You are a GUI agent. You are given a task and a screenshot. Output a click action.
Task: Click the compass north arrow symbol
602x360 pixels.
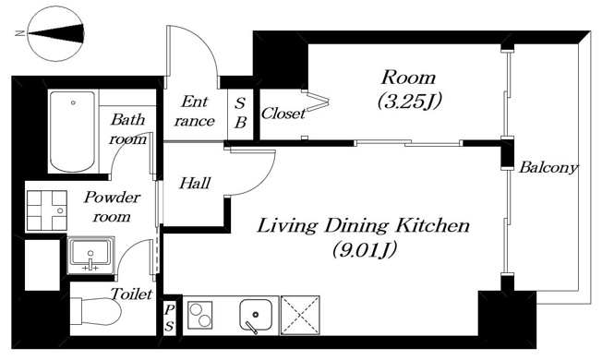(56, 33)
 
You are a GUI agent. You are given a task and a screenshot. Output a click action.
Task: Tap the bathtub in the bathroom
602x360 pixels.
(72, 132)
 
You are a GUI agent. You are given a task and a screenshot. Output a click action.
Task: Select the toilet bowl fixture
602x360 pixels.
(96, 312)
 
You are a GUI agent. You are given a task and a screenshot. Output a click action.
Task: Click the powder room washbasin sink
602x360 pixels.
(90, 256)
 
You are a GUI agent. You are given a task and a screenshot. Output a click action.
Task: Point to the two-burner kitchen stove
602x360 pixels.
(200, 315)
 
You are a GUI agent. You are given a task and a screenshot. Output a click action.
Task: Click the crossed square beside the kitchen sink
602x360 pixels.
(300, 315)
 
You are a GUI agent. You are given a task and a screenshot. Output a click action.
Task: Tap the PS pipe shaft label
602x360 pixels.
(169, 318)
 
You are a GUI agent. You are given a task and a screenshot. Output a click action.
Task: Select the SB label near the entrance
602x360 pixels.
(240, 113)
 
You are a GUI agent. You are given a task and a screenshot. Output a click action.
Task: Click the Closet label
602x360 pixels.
(283, 114)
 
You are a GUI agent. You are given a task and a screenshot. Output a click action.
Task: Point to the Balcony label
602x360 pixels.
(548, 168)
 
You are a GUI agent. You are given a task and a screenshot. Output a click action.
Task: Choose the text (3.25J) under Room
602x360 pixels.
(409, 101)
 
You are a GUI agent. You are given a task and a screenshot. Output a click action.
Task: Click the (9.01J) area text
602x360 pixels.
(364, 249)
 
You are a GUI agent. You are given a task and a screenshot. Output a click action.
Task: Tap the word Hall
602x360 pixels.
(195, 183)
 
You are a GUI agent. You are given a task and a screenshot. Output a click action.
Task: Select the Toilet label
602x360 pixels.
(132, 294)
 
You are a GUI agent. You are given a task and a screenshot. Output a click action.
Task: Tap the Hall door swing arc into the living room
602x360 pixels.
(262, 180)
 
